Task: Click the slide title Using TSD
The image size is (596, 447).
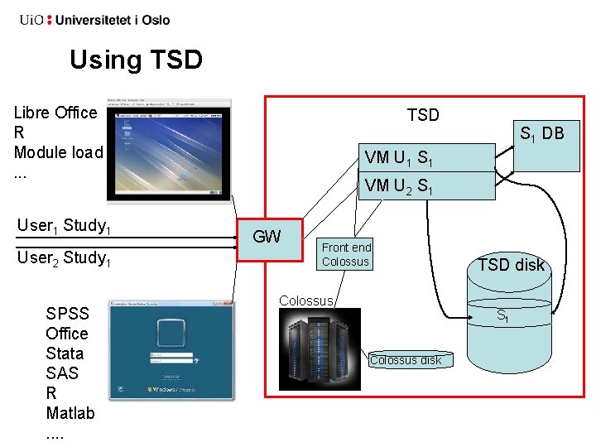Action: click(136, 60)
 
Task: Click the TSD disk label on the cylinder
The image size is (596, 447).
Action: click(511, 265)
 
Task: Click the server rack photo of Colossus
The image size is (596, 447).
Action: click(320, 348)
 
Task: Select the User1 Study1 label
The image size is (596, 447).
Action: click(65, 225)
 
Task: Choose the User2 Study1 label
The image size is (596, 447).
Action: click(65, 257)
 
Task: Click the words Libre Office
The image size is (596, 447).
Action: click(55, 113)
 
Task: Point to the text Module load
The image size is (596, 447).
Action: click(58, 152)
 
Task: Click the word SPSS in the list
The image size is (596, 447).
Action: click(66, 314)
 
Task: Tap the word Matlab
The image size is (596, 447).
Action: click(70, 412)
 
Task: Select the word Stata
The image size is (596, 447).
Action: click(65, 353)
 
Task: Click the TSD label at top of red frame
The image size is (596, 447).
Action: click(423, 115)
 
